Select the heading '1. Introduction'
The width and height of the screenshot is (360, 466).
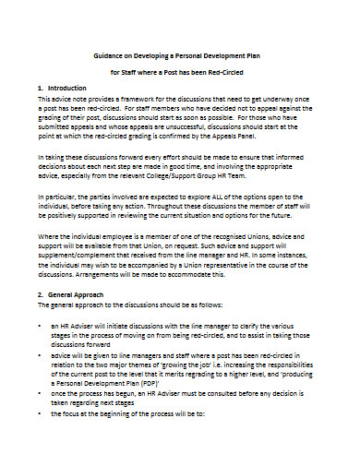pos(64,88)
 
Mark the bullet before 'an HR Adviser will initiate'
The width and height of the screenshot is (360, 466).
pos(40,327)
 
